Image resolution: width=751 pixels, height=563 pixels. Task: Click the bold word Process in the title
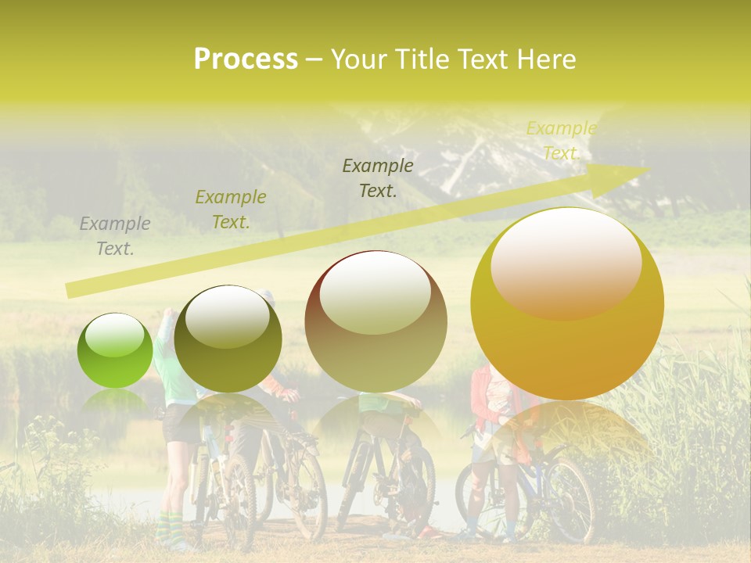(246, 59)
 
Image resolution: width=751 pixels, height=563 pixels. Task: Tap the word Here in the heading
(545, 59)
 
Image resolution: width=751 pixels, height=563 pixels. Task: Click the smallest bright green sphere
(115, 350)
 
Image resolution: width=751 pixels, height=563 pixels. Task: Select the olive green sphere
(228, 339)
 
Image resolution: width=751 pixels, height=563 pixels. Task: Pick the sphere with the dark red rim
(375, 321)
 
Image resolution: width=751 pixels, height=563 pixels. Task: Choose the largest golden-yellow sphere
(567, 313)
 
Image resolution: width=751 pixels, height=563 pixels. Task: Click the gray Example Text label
(115, 236)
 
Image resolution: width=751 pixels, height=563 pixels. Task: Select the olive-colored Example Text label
(231, 210)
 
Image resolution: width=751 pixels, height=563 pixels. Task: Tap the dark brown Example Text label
(378, 178)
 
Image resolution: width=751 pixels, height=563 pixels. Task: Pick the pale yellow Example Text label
(561, 141)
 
